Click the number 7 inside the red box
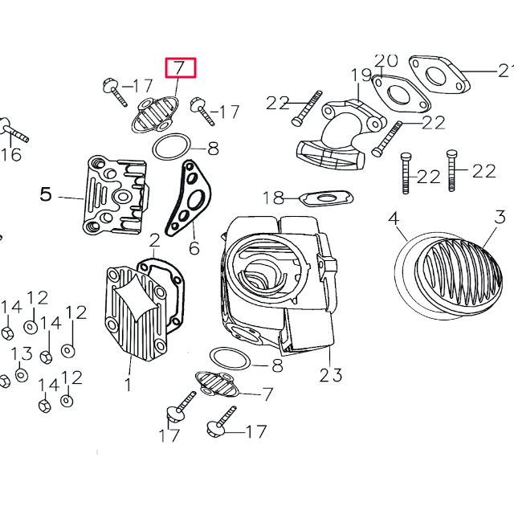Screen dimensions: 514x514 [180, 68]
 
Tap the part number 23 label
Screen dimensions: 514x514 [330, 374]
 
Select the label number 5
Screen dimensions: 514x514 [46, 194]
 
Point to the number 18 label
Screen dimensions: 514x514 [273, 197]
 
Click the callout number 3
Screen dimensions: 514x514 [500, 217]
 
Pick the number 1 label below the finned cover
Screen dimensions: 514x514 [127, 385]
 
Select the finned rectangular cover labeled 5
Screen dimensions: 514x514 [116, 195]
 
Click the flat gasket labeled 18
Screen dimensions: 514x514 [325, 197]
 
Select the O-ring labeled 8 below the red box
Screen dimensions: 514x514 [170, 146]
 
